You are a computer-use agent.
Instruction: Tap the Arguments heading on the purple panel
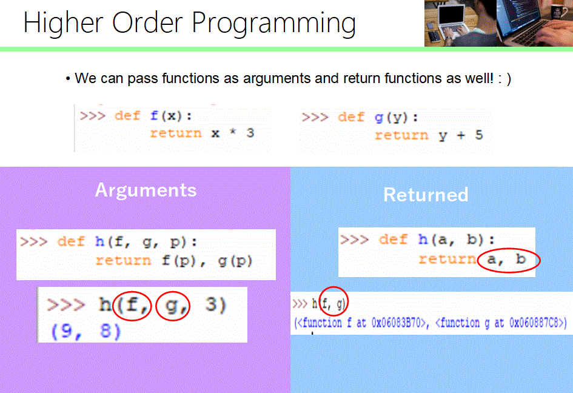click(146, 190)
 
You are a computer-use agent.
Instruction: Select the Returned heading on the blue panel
click(426, 195)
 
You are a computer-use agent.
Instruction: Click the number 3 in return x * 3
click(250, 133)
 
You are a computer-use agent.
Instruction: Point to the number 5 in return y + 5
click(478, 135)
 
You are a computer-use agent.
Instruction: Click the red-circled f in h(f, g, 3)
click(133, 305)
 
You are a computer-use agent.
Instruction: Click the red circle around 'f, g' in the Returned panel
click(333, 301)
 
